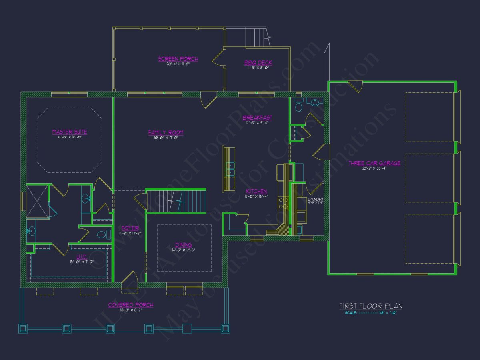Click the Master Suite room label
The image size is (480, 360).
tap(70, 132)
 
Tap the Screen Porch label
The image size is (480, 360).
tap(178, 59)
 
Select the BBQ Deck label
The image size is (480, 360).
tap(258, 62)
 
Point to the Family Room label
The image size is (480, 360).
tap(166, 132)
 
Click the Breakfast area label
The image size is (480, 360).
tap(257, 118)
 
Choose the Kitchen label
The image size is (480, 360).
tap(256, 191)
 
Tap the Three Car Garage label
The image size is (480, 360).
tap(374, 163)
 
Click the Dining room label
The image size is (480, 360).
tap(183, 245)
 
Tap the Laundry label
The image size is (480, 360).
tap(315, 199)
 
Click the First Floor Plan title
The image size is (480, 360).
tap(371, 306)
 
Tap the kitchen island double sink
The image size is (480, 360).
tap(230, 169)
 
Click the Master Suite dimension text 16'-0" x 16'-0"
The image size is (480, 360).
tap(70, 137)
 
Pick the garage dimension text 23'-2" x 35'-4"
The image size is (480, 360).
tap(374, 168)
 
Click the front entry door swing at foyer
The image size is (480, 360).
tap(129, 278)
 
